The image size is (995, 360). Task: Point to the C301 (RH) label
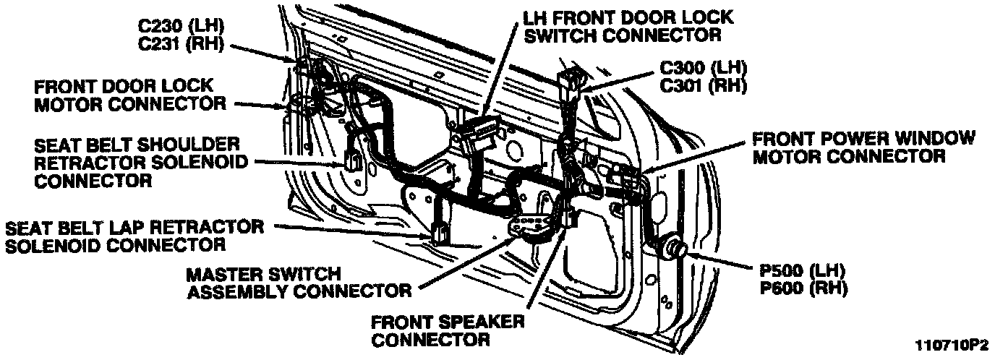(704, 86)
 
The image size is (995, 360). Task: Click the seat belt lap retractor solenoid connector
(440, 233)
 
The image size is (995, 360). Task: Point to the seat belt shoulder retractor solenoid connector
(354, 160)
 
